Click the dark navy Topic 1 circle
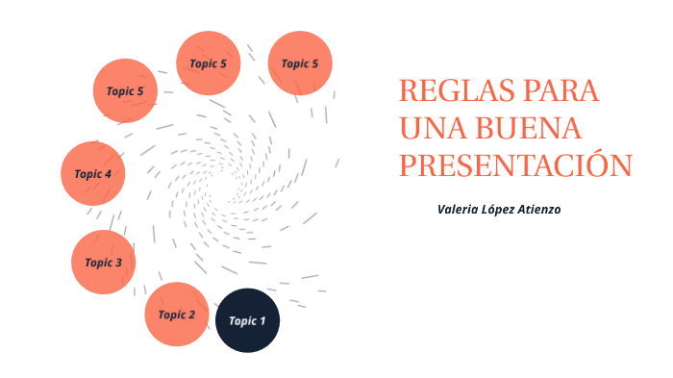pos(247,320)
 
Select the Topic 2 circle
pos(177,314)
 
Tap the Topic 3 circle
pos(103,262)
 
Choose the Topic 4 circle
pos(92,174)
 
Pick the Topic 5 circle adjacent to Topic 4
pos(125,91)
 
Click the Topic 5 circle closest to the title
pos(299,63)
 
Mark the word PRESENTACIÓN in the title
pos(515,164)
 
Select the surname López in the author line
pos(500,209)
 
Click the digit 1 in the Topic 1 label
pos(262,321)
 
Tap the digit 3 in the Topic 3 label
pos(118,263)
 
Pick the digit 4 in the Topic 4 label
pos(108,175)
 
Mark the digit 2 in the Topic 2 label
pos(192,315)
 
